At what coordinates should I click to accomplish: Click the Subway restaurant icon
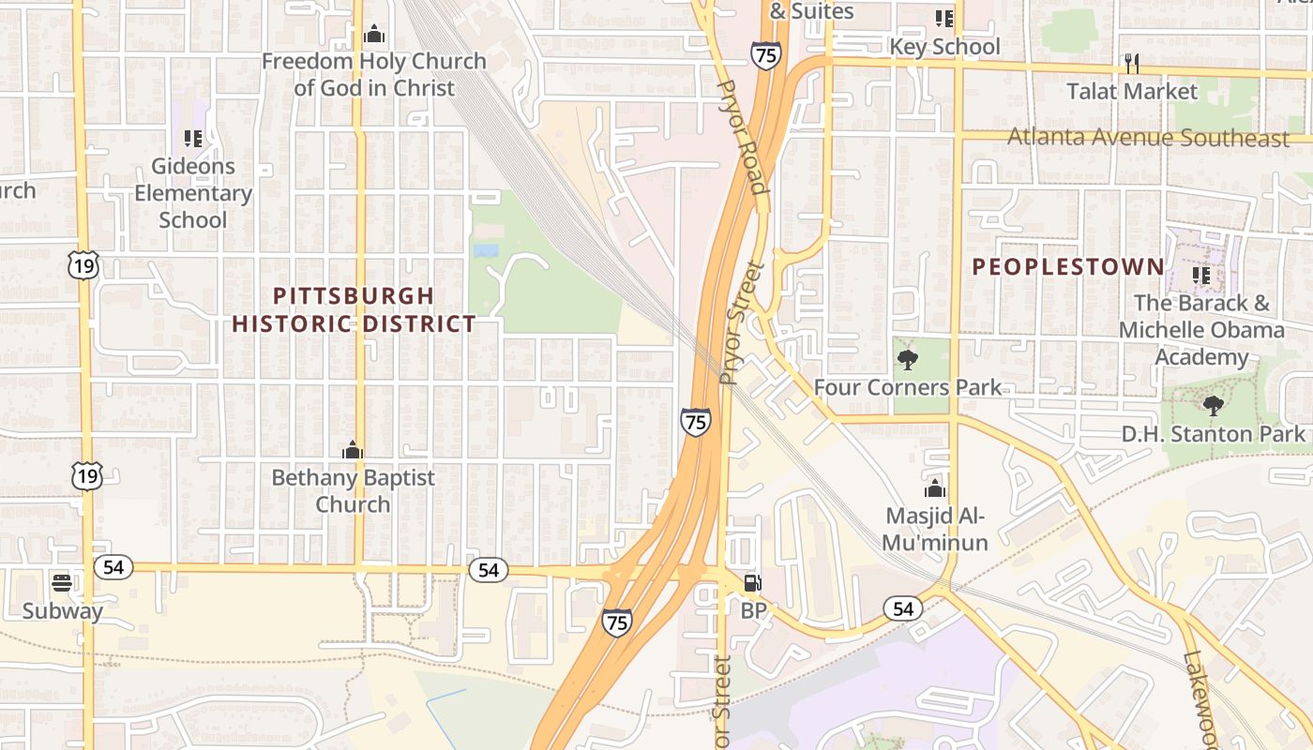click(x=63, y=582)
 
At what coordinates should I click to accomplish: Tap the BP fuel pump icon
click(x=752, y=582)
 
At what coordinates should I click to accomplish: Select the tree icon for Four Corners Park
click(x=907, y=359)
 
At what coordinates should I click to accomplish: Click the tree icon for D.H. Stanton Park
click(x=1213, y=405)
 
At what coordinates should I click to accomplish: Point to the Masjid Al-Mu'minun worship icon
click(x=934, y=487)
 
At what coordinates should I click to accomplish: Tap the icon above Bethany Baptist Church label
click(x=353, y=450)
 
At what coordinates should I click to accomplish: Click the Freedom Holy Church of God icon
click(x=374, y=35)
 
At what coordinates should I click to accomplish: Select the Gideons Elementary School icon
click(x=193, y=139)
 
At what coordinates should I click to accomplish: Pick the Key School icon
click(x=944, y=19)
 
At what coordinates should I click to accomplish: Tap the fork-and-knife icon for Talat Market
click(x=1132, y=63)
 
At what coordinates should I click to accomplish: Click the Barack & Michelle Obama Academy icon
click(x=1200, y=276)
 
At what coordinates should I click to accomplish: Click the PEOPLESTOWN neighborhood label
click(x=1067, y=267)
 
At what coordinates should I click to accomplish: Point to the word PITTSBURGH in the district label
click(x=354, y=296)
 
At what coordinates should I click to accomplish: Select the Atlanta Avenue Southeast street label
click(x=1148, y=138)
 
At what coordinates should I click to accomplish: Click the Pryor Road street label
click(x=742, y=137)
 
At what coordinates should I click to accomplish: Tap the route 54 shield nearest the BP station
click(x=902, y=609)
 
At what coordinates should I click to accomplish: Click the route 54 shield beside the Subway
click(x=113, y=567)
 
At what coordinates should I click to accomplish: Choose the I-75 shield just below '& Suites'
click(x=765, y=55)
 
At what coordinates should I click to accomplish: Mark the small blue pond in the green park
click(x=486, y=250)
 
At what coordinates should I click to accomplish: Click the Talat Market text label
click(x=1132, y=91)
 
